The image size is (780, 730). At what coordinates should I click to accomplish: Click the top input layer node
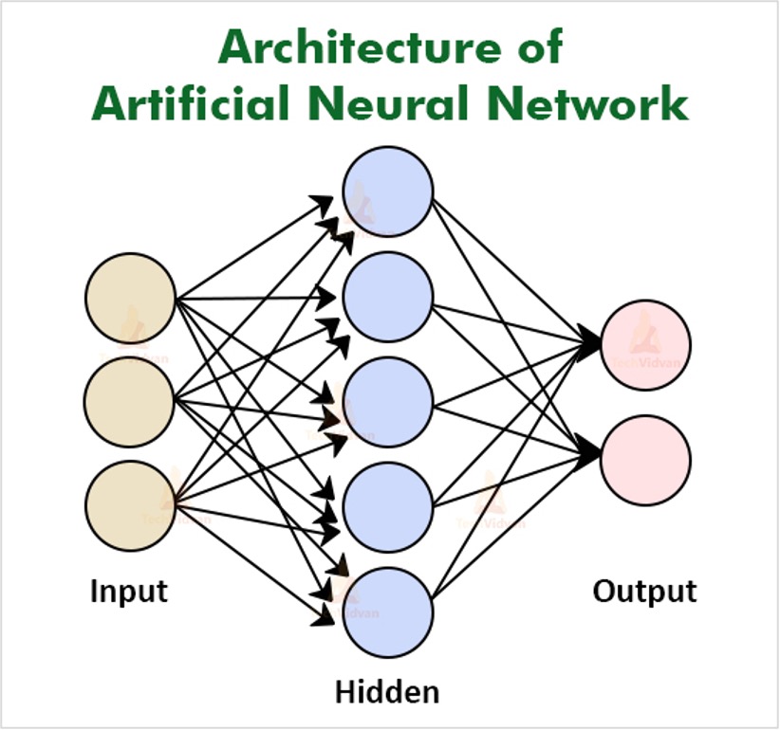[131, 299]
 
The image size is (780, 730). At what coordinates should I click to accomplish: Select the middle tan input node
[131, 400]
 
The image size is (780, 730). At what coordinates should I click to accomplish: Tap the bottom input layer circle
[131, 503]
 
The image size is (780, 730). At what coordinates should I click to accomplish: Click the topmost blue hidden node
[388, 192]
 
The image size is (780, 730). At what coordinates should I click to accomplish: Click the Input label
[129, 592]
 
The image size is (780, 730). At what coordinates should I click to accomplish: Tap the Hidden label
[387, 692]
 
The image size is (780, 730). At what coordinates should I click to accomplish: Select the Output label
[645, 592]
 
